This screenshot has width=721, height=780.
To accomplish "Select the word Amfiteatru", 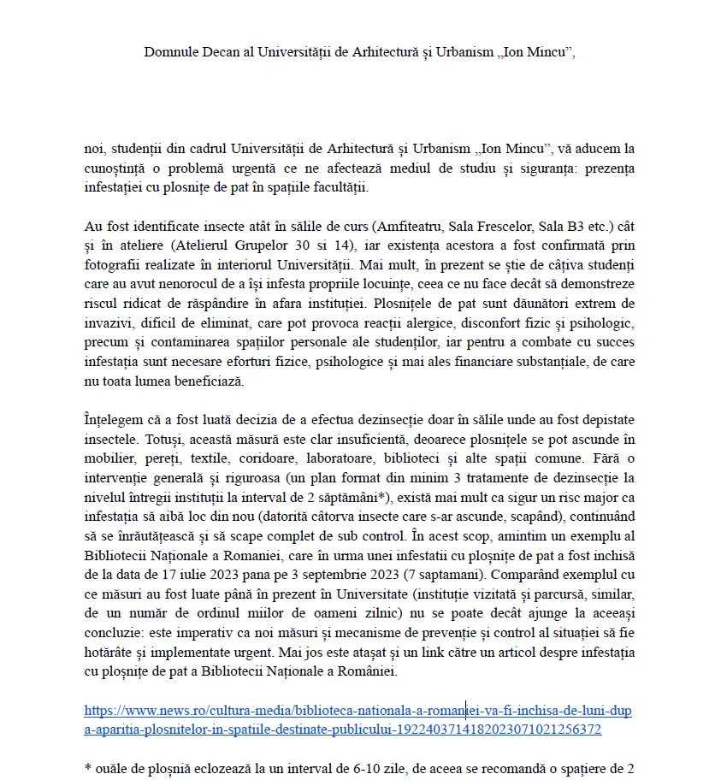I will (396, 226).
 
